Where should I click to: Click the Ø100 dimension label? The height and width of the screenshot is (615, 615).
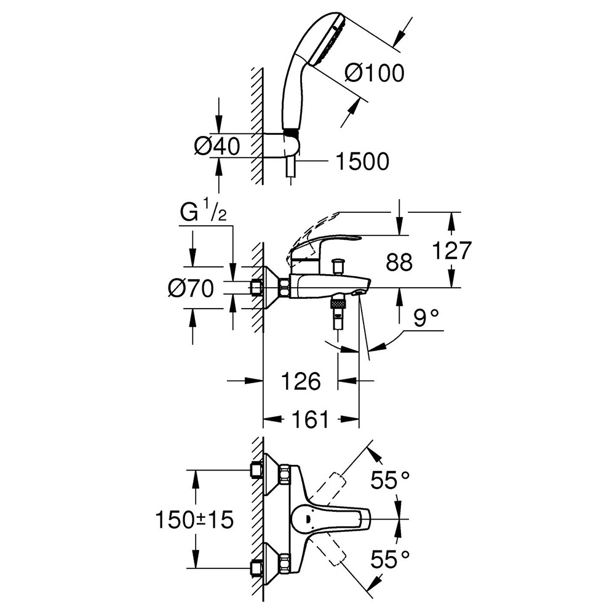pos(375,73)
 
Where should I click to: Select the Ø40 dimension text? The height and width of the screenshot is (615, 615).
pos(217,147)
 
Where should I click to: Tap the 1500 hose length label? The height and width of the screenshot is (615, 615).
pos(362,161)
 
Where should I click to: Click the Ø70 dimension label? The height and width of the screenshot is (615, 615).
pos(191,288)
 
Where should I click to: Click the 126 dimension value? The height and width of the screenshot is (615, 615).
pos(301,381)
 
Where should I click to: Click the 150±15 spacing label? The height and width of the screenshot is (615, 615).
pos(195,520)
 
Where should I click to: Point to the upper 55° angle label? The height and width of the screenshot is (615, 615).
pos(391,480)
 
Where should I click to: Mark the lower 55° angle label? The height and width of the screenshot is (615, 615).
pos(391,558)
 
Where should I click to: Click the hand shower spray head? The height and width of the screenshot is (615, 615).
pos(324,38)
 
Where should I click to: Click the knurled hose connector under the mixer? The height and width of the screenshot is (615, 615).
pos(338,303)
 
